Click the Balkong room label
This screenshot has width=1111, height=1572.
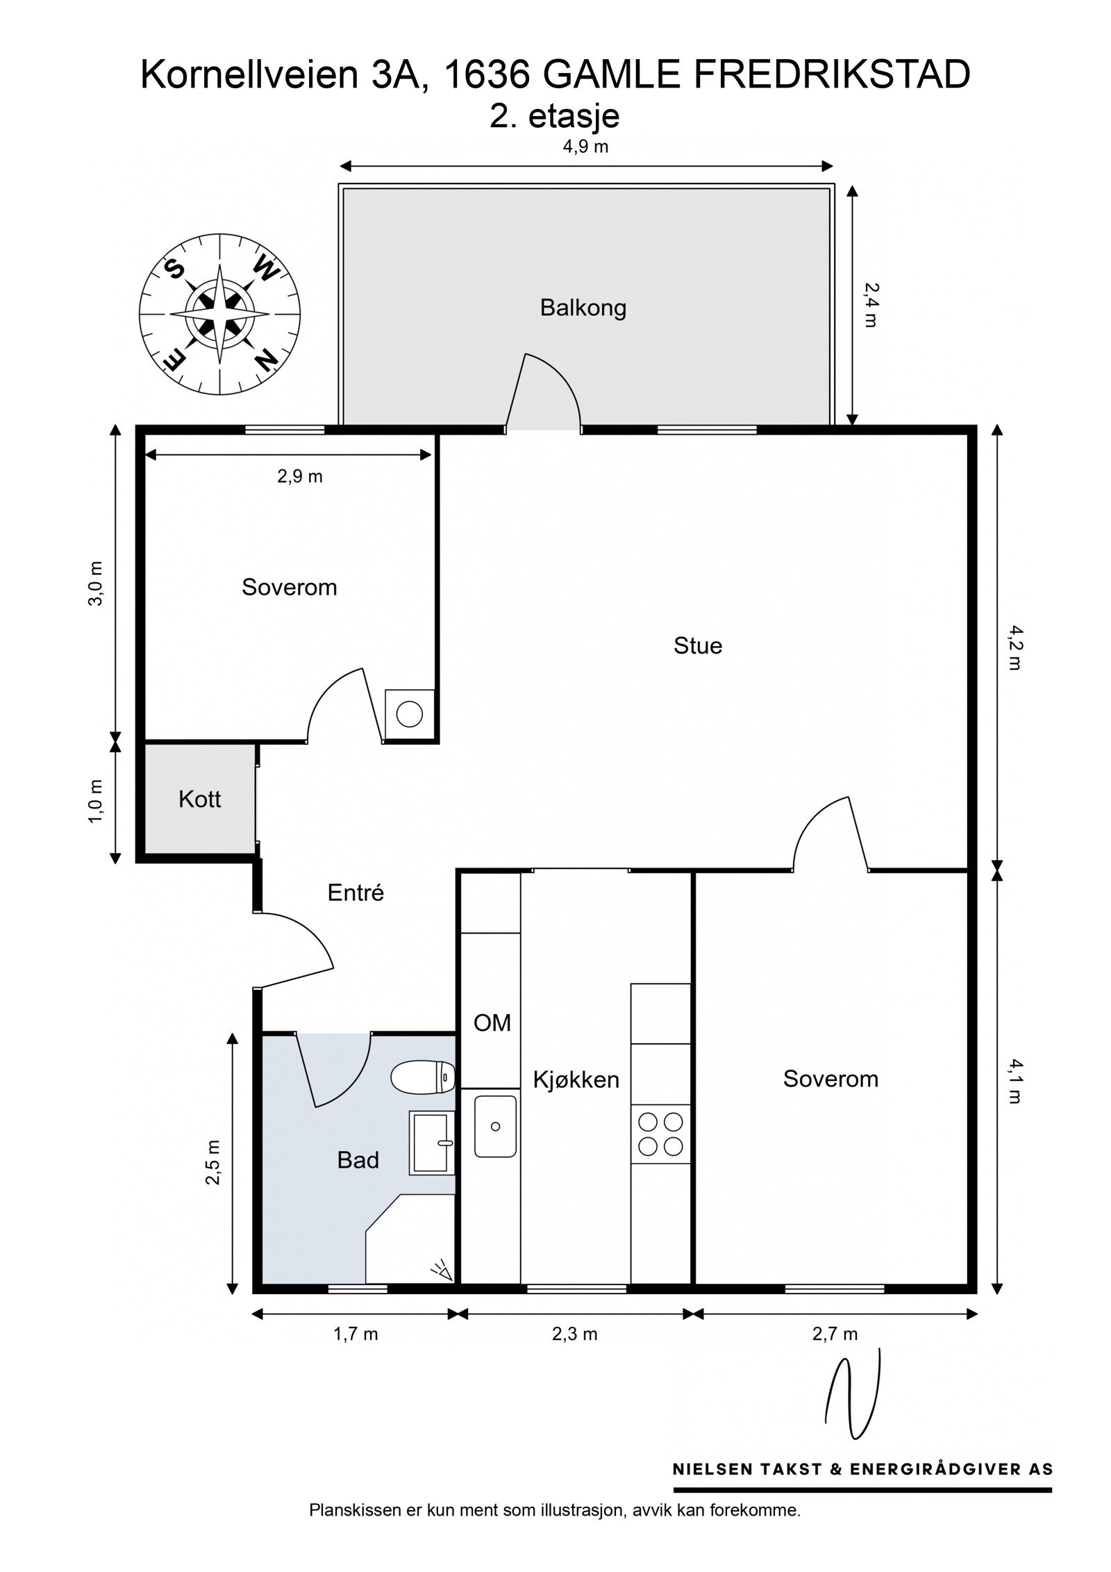point(583,308)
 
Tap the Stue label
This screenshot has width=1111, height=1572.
point(697,646)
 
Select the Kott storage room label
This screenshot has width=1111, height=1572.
point(199,799)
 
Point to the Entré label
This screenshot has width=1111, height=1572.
point(356,893)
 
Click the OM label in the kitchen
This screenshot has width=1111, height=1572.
point(492,1023)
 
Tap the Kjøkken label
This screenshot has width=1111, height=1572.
point(576,1079)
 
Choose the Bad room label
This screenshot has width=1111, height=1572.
point(358,1160)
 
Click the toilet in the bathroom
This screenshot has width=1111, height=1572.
point(423,1077)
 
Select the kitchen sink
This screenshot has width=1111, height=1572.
point(495,1127)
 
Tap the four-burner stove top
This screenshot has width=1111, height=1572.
point(660,1134)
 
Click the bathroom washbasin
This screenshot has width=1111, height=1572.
point(432,1143)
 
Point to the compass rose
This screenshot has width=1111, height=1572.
point(219,314)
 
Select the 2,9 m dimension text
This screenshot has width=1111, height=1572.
point(300,477)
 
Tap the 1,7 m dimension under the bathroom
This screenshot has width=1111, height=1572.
point(356,1334)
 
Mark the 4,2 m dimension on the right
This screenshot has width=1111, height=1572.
point(1014,647)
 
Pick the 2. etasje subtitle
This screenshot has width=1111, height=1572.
point(554,116)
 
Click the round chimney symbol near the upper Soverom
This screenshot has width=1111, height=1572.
point(410,714)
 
